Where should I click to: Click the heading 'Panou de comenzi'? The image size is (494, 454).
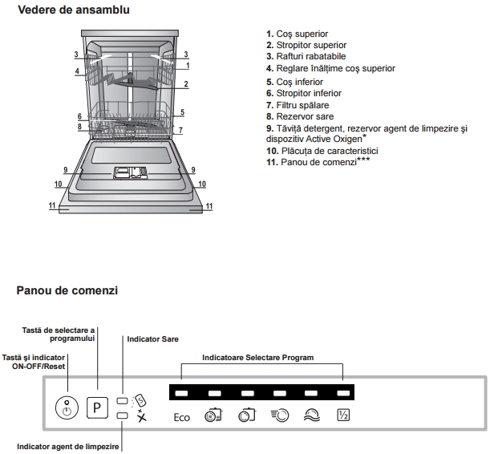[x=67, y=290]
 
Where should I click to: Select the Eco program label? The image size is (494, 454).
[x=182, y=417]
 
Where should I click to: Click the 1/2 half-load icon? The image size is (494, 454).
[x=343, y=416]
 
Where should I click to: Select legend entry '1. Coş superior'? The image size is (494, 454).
[x=297, y=34]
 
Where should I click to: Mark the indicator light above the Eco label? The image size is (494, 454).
[x=181, y=394]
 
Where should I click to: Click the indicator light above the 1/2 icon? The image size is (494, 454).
[x=343, y=394]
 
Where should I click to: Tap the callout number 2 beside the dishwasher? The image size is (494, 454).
[x=186, y=84]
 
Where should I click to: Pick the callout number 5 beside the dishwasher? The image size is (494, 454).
[x=182, y=112]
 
